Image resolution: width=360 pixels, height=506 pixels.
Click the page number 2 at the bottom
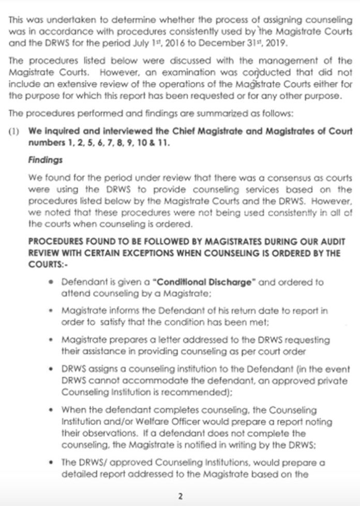pos(180,496)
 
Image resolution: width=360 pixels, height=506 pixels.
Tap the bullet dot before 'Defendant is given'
pos(50,283)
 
